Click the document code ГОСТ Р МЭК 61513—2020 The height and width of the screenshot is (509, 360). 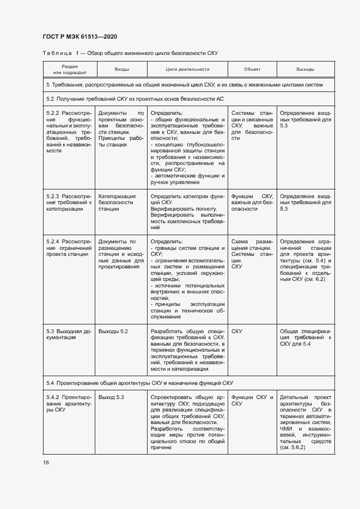click(80, 36)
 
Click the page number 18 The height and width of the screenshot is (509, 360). click(46, 462)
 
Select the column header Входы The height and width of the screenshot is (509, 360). click(121, 70)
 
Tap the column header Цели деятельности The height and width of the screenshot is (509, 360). click(187, 70)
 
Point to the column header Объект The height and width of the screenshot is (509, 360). click(252, 70)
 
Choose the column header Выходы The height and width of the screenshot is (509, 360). click(305, 70)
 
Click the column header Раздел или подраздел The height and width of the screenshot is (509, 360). click(70, 70)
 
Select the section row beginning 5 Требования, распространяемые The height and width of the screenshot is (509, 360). click(184, 85)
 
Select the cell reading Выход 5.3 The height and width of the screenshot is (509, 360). click(112, 397)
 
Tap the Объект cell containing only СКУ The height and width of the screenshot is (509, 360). click(237, 331)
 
